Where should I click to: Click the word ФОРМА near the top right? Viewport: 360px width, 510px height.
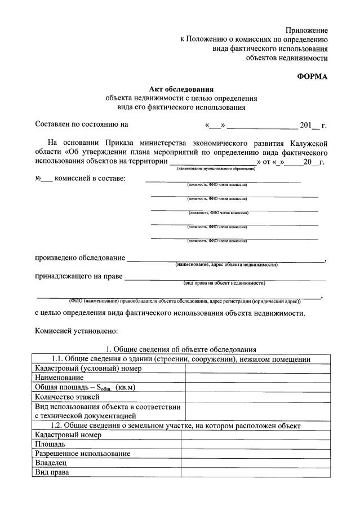click(312, 77)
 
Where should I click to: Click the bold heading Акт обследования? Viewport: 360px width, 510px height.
click(181, 88)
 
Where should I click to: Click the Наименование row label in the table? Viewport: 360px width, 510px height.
click(60, 378)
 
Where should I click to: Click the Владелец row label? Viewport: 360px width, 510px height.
click(51, 463)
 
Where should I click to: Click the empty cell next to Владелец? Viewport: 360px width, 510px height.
click(254, 463)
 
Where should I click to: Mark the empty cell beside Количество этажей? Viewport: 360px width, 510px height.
click(256, 397)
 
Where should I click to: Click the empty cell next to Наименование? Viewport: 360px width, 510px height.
click(256, 378)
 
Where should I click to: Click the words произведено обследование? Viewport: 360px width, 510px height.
click(80, 258)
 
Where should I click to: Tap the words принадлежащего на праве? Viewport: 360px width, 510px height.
click(79, 277)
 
